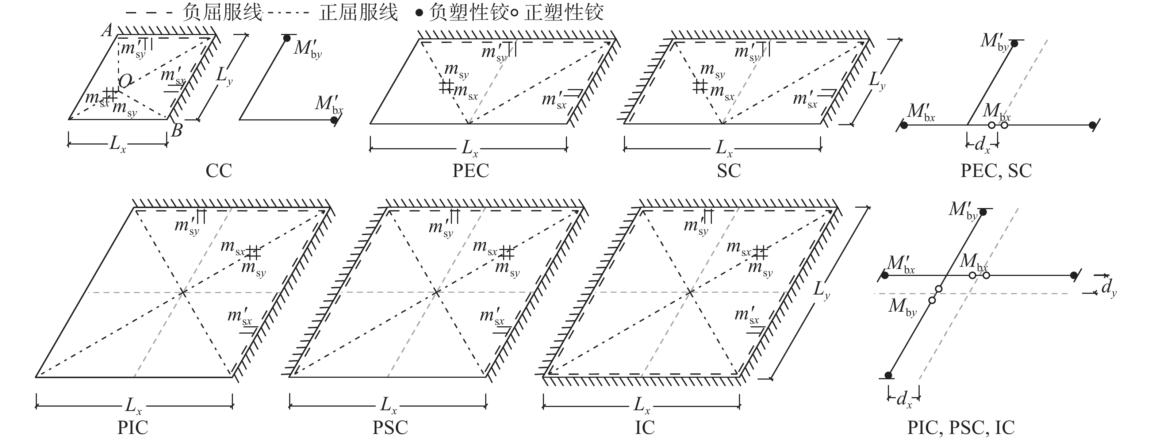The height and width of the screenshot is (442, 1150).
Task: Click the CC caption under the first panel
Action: pos(219,170)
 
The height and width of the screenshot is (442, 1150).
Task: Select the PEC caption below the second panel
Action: pos(471,170)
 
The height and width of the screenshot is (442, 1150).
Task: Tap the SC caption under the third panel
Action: pos(729,170)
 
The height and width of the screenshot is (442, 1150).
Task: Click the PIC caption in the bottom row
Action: pos(133,428)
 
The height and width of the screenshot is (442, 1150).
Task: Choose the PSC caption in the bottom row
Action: pos(390,428)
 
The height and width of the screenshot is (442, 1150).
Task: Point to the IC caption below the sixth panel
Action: pos(645,428)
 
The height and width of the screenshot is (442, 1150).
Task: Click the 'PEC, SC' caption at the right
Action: pos(996,170)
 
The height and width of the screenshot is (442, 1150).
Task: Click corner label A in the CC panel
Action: pos(107,30)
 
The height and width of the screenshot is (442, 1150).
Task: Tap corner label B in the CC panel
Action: pos(177,130)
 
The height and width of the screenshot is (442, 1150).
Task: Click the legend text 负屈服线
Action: pos(222,12)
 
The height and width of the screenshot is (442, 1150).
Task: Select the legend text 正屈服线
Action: pos(358,12)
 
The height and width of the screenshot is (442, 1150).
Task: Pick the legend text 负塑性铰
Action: pos(469,12)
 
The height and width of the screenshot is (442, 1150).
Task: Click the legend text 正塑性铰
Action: pos(564,12)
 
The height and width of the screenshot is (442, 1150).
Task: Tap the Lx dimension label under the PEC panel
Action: pos(469,148)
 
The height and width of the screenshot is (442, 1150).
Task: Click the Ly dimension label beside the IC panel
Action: pos(821,290)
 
